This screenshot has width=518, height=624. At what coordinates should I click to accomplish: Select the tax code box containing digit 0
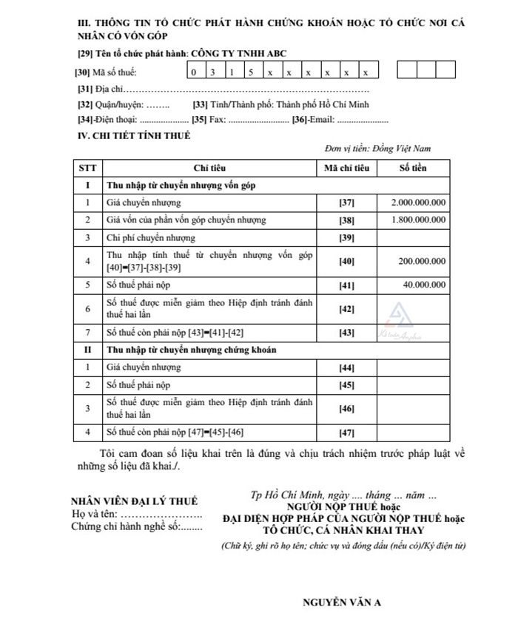pyautogui.click(x=194, y=72)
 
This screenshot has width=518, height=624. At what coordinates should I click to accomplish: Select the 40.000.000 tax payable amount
pyautogui.click(x=423, y=284)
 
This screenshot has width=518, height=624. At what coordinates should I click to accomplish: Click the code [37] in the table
pyautogui.click(x=346, y=202)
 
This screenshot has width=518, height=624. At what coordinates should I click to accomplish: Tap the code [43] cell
pyautogui.click(x=346, y=332)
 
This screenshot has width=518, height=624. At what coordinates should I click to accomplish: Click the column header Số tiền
pyautogui.click(x=413, y=168)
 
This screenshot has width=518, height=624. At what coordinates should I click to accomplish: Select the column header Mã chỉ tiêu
pyautogui.click(x=346, y=168)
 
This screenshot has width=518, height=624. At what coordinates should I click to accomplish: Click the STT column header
pyautogui.click(x=87, y=168)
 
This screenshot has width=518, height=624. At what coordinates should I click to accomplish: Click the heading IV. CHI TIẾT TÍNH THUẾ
pyautogui.click(x=134, y=135)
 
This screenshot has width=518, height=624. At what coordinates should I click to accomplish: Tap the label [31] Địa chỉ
pyautogui.click(x=93, y=89)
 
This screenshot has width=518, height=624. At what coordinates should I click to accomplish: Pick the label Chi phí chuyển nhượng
pyautogui.click(x=151, y=238)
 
